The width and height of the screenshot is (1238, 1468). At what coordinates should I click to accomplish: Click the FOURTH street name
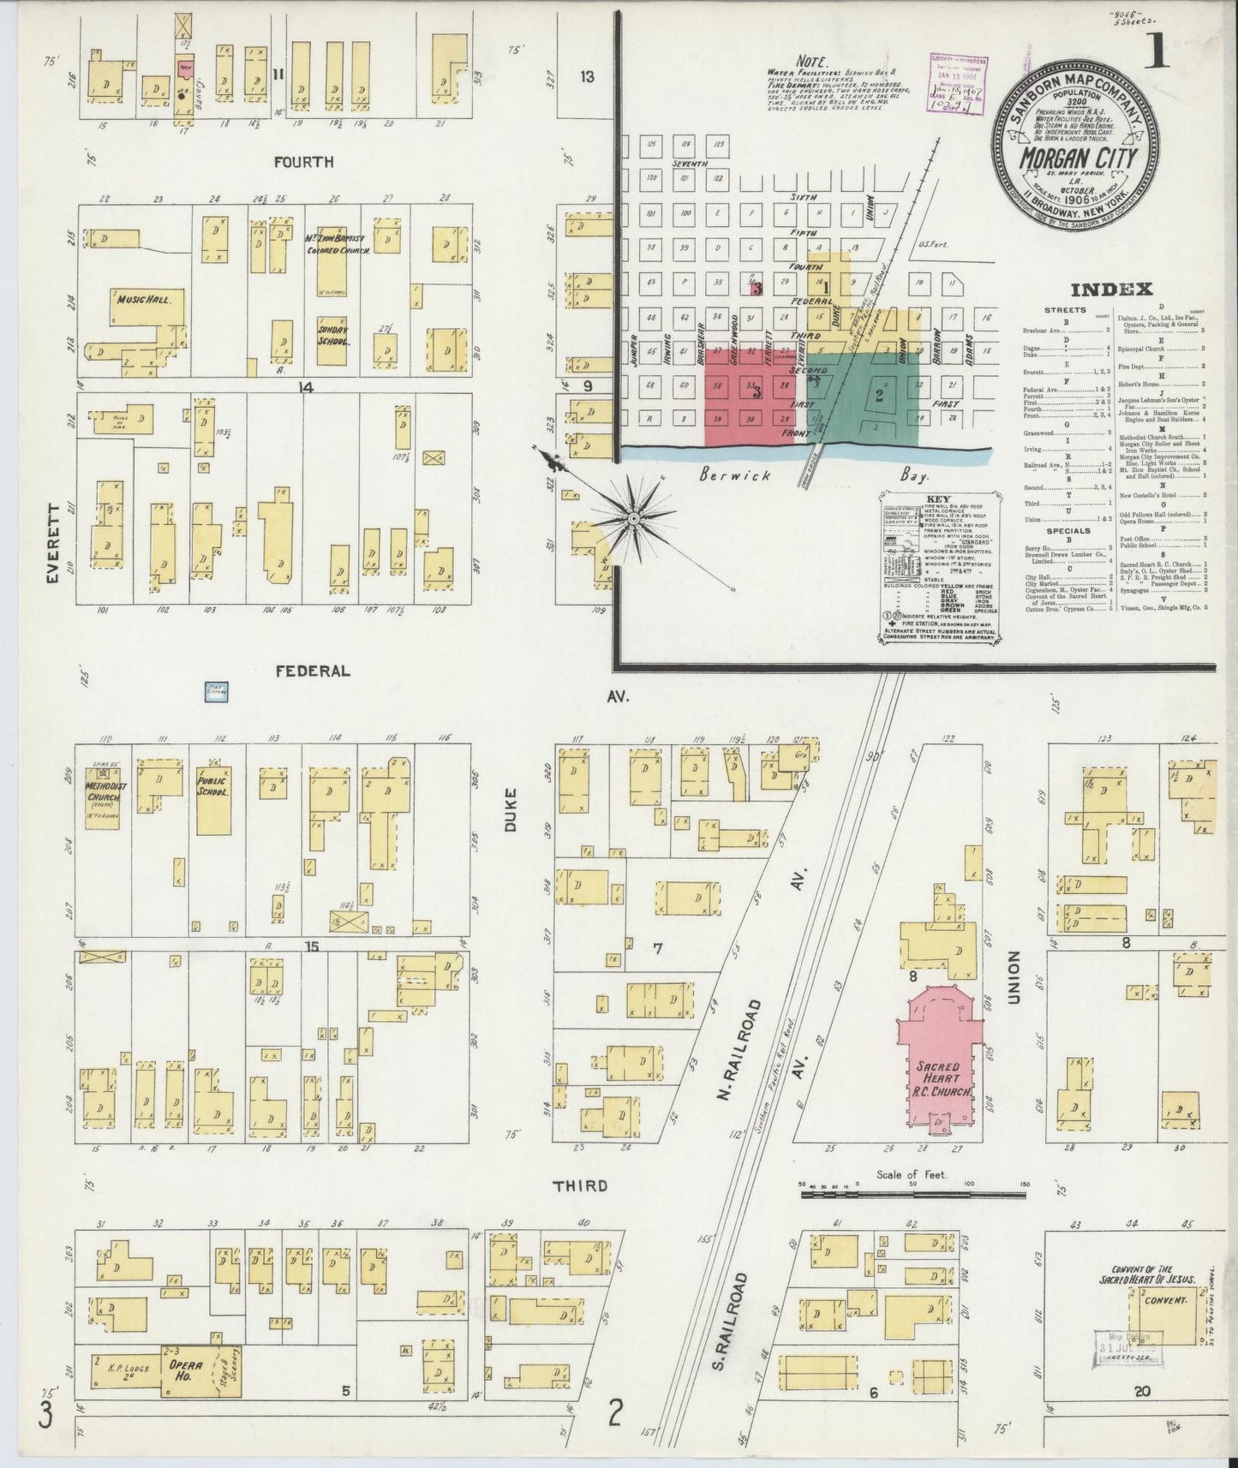point(304,162)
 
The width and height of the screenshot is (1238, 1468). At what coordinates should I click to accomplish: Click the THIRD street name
point(580,1185)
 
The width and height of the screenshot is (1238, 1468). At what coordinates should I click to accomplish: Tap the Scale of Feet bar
point(912,1188)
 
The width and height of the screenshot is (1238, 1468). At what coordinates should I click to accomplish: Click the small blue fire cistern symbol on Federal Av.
point(216,691)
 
